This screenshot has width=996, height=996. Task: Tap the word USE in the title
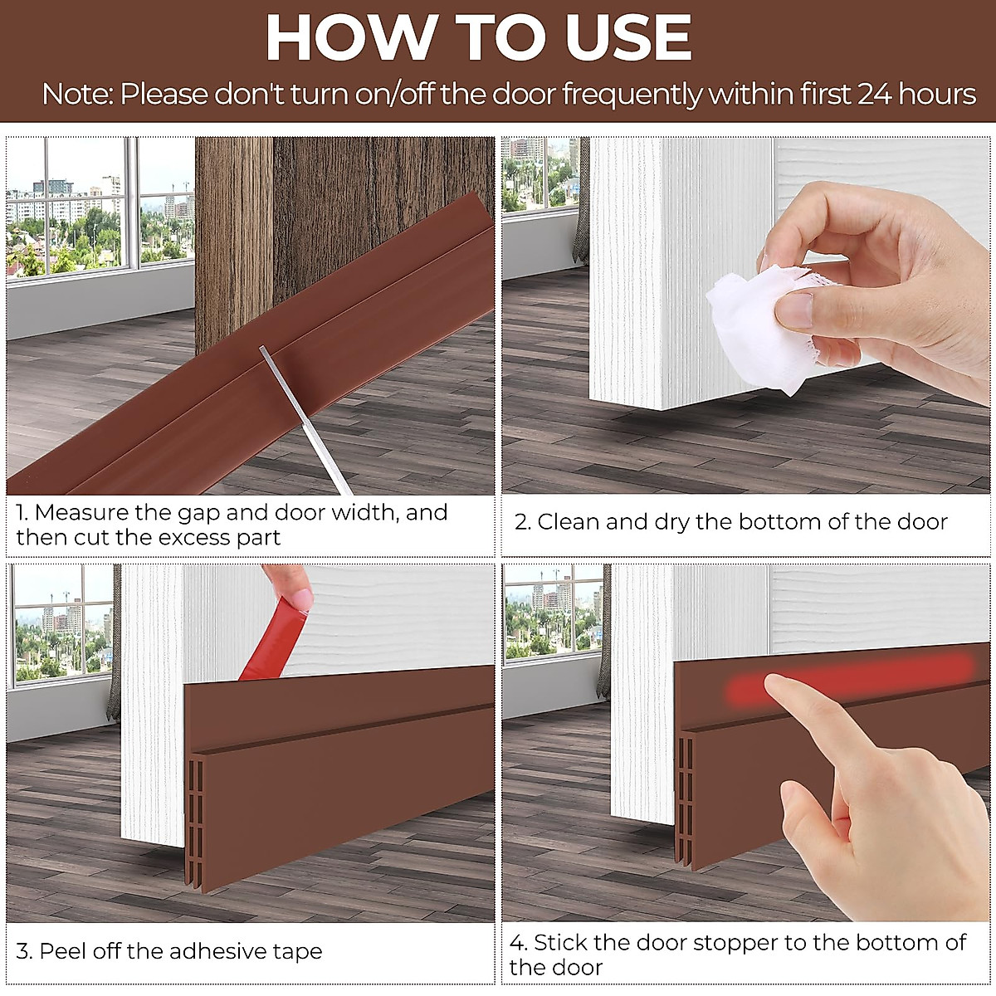(x=628, y=38)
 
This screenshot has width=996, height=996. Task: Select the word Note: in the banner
(x=77, y=95)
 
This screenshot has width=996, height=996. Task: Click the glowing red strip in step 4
(x=847, y=687)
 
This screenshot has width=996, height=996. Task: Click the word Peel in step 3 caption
(x=62, y=951)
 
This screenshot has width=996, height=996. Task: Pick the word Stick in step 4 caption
(x=560, y=943)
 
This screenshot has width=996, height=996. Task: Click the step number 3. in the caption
(x=24, y=951)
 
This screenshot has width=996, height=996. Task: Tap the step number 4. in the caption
(x=518, y=943)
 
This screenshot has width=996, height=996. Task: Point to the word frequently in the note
(x=632, y=95)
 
